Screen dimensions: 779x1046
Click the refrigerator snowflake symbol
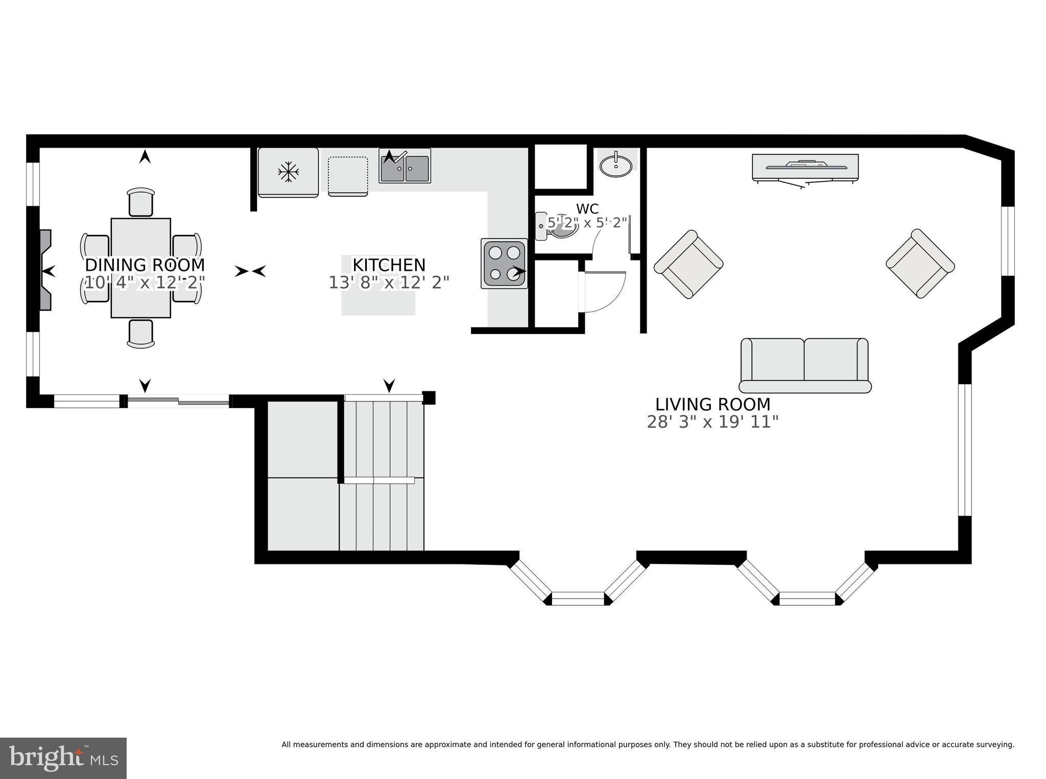(x=288, y=172)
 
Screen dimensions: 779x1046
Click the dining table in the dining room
(x=141, y=268)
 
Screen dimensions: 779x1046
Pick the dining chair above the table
(x=141, y=202)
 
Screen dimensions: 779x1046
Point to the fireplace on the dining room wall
(x=45, y=270)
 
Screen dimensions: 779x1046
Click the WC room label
(x=587, y=209)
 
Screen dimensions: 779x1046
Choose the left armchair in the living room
(x=688, y=264)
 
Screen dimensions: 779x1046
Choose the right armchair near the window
(x=920, y=264)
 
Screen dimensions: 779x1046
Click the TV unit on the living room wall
(x=805, y=168)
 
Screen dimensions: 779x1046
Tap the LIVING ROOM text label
(x=712, y=405)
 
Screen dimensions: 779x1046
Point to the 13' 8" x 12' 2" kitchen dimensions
(x=389, y=282)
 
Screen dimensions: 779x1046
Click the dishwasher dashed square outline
(x=348, y=176)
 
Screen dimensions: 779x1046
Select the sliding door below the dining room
(x=178, y=402)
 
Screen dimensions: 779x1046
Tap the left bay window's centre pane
(x=578, y=598)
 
